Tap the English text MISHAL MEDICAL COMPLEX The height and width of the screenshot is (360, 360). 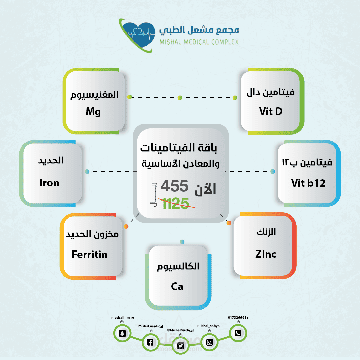coord(199,42)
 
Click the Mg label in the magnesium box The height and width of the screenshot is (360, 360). coord(93,112)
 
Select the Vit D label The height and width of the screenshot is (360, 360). coord(271,111)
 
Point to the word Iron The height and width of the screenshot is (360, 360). coord(50,183)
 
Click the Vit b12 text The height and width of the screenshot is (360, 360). coord(308,183)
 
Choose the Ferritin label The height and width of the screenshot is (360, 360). coord(90,254)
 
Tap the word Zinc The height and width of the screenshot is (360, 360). coord(266,254)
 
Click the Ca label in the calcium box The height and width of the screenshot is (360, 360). coord(177,287)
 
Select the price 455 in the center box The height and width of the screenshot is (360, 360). coord(174,186)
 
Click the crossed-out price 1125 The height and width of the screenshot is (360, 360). coord(176,203)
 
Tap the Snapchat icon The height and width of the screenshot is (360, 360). coord(122,333)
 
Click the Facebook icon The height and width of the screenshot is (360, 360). coord(150,342)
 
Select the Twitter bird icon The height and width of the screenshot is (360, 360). coord(180,346)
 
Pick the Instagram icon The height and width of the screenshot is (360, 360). coord(209,342)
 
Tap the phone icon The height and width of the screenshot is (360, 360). coord(238,333)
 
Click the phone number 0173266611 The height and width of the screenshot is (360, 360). coord(238,318)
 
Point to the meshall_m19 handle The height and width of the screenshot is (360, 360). coord(123,318)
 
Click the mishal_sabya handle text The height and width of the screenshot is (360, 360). coord(208,326)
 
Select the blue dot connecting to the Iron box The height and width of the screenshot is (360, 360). coord(87,172)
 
